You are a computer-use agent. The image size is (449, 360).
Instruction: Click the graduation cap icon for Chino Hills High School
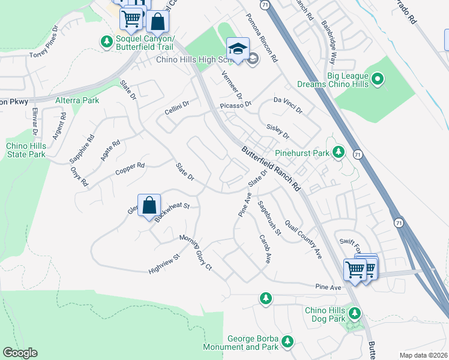coord(238,48)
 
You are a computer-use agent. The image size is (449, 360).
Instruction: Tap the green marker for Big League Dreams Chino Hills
coord(378,79)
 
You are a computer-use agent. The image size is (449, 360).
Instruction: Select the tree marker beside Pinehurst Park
coord(339,152)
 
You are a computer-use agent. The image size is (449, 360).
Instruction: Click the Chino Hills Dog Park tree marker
coord(354,313)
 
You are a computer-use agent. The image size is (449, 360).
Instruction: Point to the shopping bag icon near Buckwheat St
coord(149,206)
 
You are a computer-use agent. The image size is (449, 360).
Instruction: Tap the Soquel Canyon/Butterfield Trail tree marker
coord(106,41)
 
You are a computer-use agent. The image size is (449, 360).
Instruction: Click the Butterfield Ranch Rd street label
coord(271,169)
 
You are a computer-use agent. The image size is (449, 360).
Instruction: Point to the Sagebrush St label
coord(269,217)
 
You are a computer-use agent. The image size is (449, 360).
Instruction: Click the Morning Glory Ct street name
coord(196,252)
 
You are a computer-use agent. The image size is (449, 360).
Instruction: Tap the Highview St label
coord(164,265)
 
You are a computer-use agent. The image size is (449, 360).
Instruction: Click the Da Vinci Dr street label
coord(288,105)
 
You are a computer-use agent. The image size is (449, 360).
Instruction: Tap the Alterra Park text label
coord(77,100)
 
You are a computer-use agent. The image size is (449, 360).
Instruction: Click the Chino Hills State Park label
coord(26,150)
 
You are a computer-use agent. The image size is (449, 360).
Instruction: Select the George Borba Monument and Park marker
coord(288,341)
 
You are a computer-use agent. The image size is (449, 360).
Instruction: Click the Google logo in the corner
coord(20,353)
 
